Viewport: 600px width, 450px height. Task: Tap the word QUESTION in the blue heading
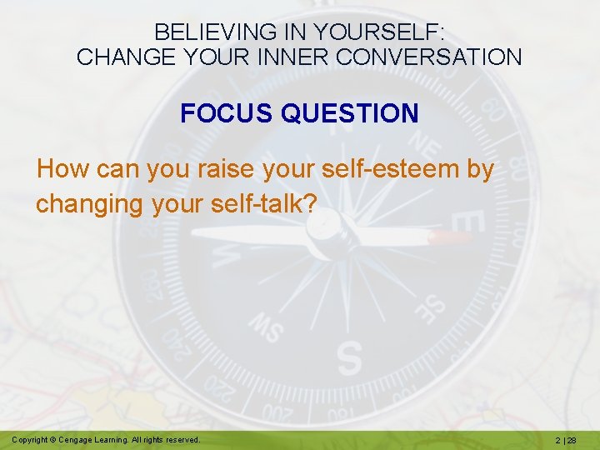pos(350,113)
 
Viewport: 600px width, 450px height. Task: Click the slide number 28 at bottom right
pos(574,439)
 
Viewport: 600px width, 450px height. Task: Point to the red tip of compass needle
pos(451,238)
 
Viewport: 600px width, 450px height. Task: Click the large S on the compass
pos(349,357)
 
